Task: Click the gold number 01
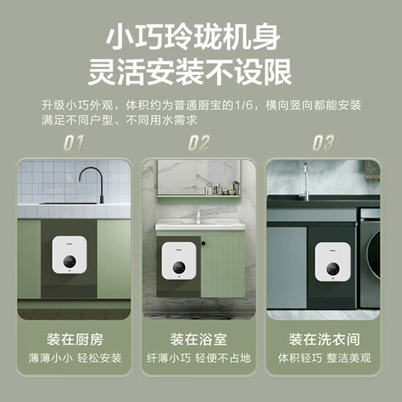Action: pyautogui.click(x=74, y=143)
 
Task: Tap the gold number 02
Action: pyautogui.click(x=199, y=143)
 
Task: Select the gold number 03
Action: pyautogui.click(x=323, y=143)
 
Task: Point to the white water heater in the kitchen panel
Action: pyautogui.click(x=70, y=255)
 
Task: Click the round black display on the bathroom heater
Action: pyautogui.click(x=179, y=267)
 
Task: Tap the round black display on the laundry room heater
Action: pyautogui.click(x=333, y=269)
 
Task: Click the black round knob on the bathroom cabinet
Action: pyautogui.click(x=203, y=244)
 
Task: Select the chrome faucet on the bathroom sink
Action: pyautogui.click(x=199, y=218)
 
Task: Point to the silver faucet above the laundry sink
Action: pyautogui.click(x=306, y=182)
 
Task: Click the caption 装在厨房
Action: pyautogui.click(x=75, y=339)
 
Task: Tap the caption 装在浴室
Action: pyautogui.click(x=199, y=339)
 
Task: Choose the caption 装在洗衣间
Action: pyautogui.click(x=324, y=339)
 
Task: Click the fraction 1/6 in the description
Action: pyautogui.click(x=244, y=105)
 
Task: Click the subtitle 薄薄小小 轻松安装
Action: pyautogui.click(x=75, y=358)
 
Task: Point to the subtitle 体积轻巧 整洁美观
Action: pyautogui.click(x=324, y=358)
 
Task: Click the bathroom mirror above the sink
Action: pyautogui.click(x=199, y=177)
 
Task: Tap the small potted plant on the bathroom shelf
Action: pyautogui.click(x=236, y=187)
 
